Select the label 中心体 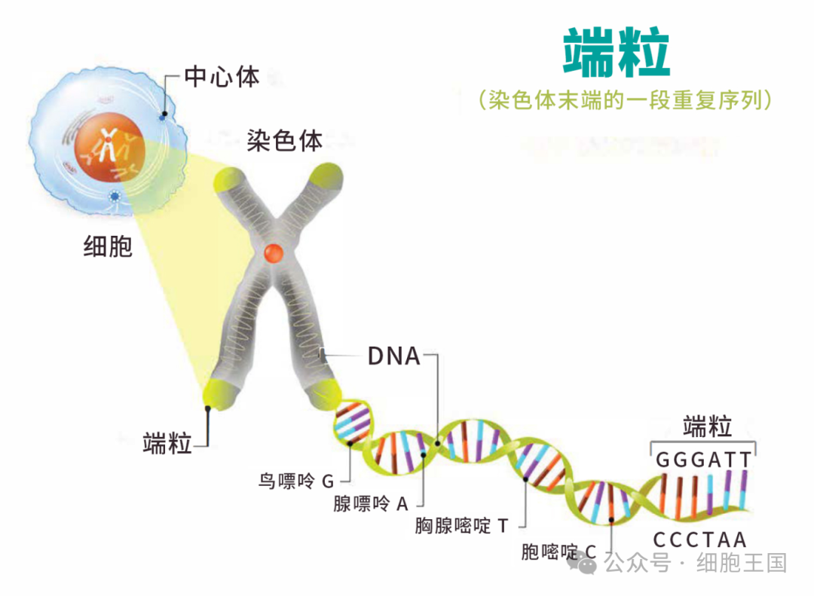[222, 77]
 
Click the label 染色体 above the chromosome [285, 140]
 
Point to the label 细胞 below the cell [108, 246]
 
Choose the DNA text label [393, 356]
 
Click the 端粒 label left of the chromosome [167, 443]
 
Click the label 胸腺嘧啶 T [462, 525]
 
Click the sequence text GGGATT [703, 460]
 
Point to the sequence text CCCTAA [699, 540]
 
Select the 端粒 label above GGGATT [707, 426]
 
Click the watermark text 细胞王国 [742, 563]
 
